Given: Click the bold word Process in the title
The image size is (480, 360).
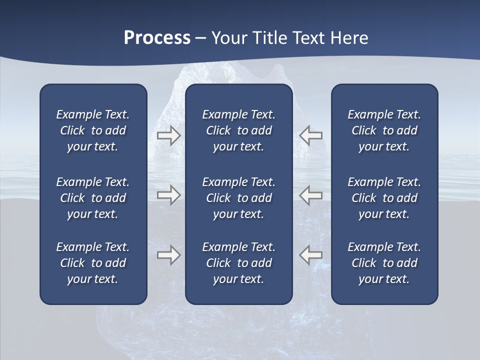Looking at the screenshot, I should point(157,38).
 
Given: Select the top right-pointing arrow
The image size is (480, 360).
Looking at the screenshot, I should point(168,135).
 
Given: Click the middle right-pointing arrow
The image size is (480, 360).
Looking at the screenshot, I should point(168,194).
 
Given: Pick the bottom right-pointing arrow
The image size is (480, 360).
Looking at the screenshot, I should point(168,254).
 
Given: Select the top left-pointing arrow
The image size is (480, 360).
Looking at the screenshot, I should point(310,135).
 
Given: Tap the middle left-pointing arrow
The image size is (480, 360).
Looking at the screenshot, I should point(310,194).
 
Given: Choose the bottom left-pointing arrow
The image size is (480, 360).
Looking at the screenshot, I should point(310,254).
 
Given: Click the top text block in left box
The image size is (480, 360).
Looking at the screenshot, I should point(93,130).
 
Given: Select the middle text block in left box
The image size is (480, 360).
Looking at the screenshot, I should point(93,198).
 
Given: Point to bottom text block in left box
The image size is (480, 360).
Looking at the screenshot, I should point(93,263).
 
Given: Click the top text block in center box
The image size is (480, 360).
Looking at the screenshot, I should point(238,130).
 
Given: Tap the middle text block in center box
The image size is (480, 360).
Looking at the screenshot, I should point(238,198).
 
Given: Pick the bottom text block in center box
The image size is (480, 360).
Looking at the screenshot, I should point(238,263).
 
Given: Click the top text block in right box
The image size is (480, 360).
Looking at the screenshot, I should point(384,130).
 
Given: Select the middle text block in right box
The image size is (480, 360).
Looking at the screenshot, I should point(384,198).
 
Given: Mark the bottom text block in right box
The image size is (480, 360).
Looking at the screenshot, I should point(384,263).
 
